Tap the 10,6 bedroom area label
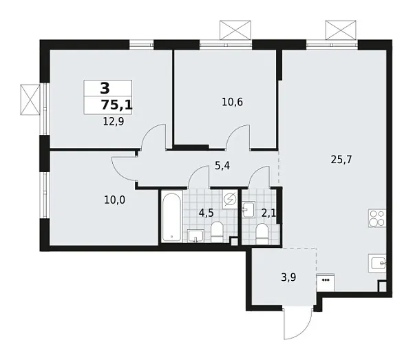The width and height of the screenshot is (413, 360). click(x=232, y=102)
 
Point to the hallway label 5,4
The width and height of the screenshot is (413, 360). click(x=222, y=166)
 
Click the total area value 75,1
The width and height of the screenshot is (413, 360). click(x=116, y=105)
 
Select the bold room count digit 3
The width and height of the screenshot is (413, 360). click(x=105, y=88)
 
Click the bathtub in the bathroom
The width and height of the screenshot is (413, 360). click(x=171, y=217)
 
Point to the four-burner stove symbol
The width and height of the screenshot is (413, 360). click(x=377, y=218)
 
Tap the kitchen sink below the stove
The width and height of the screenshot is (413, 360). click(x=377, y=262)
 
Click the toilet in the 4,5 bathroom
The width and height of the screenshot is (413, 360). click(x=217, y=231)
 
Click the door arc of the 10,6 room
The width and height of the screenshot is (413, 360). click(x=239, y=137)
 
